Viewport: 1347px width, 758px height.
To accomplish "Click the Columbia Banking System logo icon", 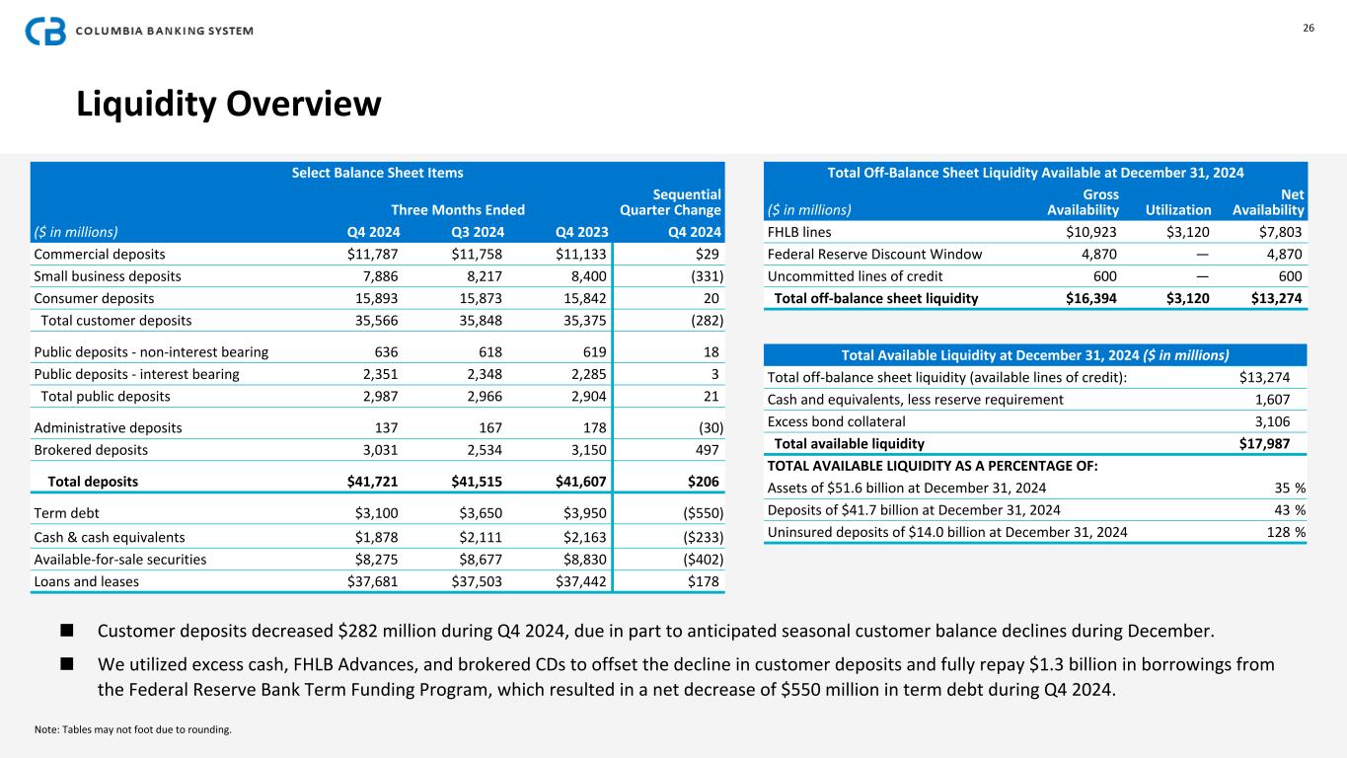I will [45, 31].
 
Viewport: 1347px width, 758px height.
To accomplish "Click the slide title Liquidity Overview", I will [229, 104].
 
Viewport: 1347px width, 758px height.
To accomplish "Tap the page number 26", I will [1309, 28].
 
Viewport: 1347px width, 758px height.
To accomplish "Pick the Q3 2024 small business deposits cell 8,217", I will [482, 276].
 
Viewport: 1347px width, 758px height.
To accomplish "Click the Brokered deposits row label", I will [91, 450].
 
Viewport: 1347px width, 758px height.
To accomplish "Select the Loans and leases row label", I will [87, 581].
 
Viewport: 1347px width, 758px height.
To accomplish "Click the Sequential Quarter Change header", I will [670, 202].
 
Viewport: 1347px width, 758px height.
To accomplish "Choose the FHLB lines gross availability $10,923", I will [1086, 233].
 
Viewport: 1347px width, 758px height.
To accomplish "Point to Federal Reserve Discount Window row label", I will [874, 254].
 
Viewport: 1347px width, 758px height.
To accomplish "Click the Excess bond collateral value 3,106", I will [1270, 421].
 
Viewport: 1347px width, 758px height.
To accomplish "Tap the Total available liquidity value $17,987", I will [1264, 443].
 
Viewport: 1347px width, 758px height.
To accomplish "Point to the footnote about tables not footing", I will [132, 729].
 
